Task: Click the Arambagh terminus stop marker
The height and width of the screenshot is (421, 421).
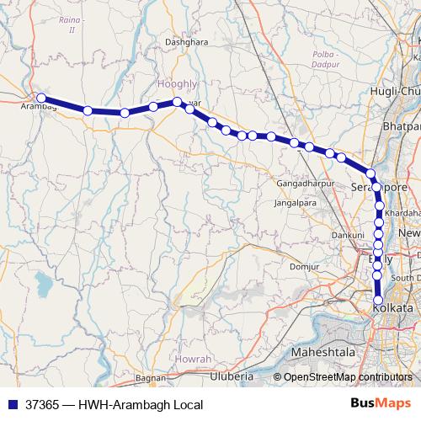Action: (x=41, y=98)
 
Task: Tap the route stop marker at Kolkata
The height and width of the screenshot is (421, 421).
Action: (x=378, y=300)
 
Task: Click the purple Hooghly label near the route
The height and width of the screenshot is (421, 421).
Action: (x=175, y=84)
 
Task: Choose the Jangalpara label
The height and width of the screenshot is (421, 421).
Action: (x=296, y=203)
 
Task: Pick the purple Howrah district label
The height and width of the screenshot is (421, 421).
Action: (x=195, y=359)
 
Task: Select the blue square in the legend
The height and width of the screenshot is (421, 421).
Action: (x=11, y=404)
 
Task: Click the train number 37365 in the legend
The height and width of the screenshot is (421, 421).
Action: (x=40, y=404)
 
